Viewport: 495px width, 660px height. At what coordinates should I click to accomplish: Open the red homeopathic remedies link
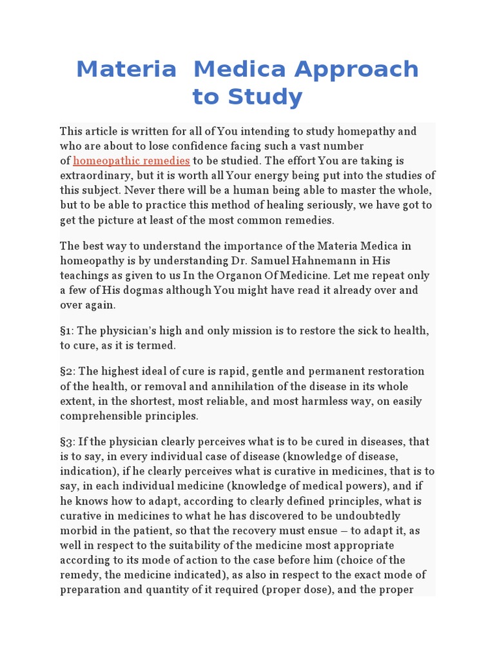coord(131,160)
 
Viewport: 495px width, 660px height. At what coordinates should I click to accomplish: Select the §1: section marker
coord(67,331)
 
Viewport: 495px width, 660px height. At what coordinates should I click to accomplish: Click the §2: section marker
coord(68,371)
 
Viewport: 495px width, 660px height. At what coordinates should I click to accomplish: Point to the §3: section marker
coord(68,442)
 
